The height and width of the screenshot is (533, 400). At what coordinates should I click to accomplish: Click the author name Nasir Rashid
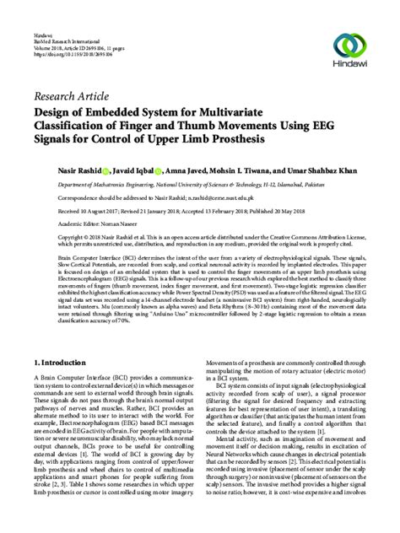pyautogui.click(x=57, y=170)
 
